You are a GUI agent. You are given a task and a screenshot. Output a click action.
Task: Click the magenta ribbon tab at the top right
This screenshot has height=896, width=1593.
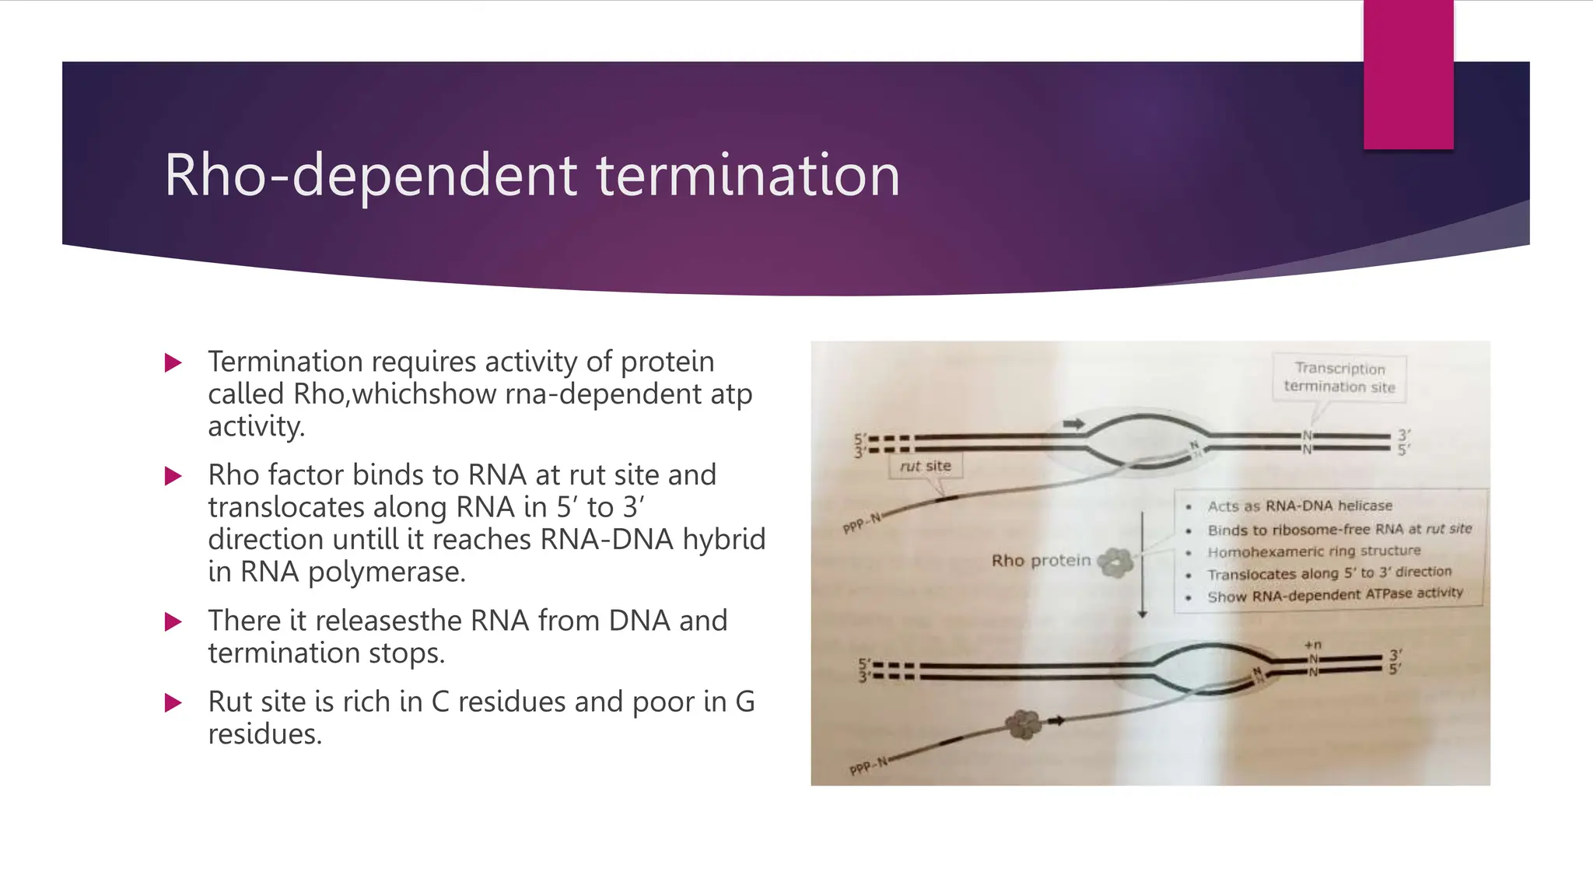1408,74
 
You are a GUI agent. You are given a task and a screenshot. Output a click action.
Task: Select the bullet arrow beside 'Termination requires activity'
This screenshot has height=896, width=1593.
173,362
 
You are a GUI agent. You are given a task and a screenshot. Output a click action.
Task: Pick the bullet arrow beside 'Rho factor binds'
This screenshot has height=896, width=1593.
173,476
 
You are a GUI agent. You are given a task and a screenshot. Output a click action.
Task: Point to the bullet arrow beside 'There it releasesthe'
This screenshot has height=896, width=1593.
173,621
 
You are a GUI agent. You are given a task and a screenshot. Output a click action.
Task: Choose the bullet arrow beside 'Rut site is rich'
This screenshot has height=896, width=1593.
173,703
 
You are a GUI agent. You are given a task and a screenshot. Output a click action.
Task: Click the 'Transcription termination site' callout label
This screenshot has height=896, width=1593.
1339,377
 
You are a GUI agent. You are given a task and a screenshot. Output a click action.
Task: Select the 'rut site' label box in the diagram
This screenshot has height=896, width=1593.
926,466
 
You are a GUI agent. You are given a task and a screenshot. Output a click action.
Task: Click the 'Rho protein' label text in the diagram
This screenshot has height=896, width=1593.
1041,561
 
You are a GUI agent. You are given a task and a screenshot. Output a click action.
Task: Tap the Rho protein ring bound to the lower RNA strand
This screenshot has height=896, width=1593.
1023,725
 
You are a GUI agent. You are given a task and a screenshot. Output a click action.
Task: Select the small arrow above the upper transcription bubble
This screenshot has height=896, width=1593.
1074,424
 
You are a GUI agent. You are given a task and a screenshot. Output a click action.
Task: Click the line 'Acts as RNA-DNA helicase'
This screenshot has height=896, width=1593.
1299,506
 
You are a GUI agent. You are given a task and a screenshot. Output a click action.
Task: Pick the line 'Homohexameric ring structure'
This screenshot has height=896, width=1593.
1313,551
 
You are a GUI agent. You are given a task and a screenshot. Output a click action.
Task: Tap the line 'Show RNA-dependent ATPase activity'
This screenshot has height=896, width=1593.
1334,595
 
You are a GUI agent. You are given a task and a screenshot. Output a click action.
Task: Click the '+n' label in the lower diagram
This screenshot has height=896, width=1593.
1313,645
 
